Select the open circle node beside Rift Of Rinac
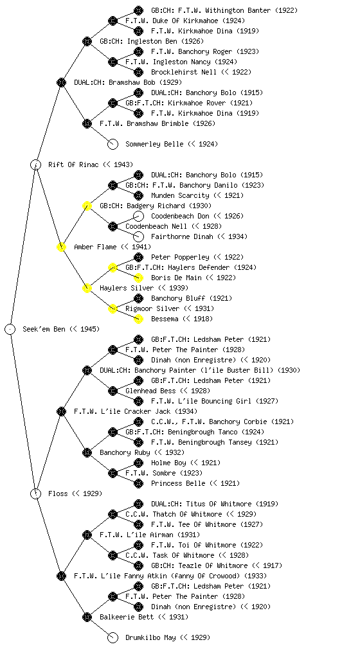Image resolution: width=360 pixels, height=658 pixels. [35, 164]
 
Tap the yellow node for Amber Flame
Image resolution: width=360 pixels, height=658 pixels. [61, 247]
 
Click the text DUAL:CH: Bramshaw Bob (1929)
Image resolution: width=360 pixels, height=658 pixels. [128, 82]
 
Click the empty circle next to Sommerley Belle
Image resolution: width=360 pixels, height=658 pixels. [113, 144]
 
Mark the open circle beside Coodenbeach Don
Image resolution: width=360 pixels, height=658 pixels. [138, 216]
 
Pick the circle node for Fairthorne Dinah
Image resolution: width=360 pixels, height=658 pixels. [138, 236]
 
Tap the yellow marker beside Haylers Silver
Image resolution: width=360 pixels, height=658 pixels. [87, 288]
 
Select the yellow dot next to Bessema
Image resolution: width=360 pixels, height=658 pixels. [138, 319]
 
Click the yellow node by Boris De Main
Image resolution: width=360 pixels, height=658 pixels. [138, 278]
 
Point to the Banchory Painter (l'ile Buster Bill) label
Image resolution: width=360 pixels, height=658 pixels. [200, 370]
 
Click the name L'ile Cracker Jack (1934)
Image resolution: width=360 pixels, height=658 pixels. [136, 411]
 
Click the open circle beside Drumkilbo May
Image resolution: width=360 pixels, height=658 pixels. [113, 637]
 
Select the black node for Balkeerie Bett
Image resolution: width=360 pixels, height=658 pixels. [87, 617]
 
